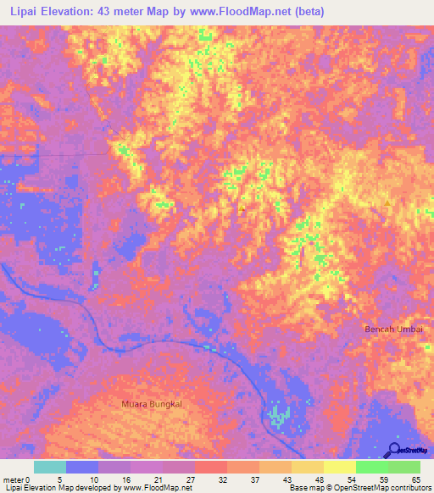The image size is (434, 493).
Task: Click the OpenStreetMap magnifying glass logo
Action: [396, 450]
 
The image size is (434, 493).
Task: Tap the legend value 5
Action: [60, 479]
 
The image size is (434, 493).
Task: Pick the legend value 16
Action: [125, 479]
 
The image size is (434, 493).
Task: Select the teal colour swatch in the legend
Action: [50, 467]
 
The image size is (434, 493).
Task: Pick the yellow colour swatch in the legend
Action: [340, 467]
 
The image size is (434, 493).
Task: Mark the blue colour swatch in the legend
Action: [82, 467]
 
